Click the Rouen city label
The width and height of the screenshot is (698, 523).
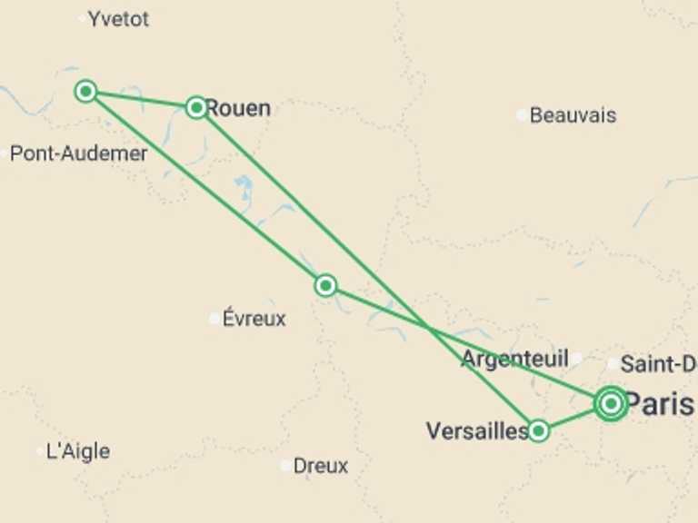(238, 108)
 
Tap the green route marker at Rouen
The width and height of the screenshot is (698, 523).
(196, 108)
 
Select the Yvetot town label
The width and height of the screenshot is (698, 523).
(119, 18)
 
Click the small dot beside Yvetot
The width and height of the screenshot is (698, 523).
(83, 17)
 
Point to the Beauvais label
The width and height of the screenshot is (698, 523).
(573, 115)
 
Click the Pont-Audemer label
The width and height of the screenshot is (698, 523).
(78, 153)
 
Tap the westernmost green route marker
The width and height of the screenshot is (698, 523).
(86, 91)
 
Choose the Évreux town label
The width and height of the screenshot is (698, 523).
(254, 319)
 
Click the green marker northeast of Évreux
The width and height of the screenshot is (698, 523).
(325, 286)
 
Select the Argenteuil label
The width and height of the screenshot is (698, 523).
(514, 359)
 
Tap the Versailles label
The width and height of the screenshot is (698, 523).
(476, 430)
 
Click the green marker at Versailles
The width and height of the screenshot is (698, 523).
(539, 430)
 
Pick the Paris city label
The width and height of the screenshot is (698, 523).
(659, 404)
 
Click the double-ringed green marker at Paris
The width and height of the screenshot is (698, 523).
(611, 403)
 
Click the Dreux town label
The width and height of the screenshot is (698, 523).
(321, 466)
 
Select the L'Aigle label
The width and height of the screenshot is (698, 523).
(77, 451)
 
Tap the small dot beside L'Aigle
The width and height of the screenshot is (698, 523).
(40, 450)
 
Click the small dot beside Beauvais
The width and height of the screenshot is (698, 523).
(521, 115)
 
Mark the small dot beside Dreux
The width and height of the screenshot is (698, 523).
(286, 466)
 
